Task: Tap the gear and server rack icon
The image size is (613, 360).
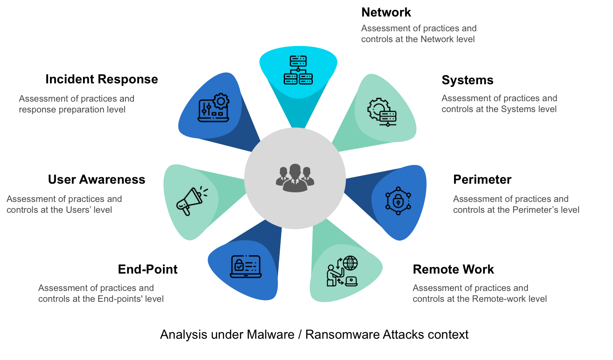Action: (382, 112)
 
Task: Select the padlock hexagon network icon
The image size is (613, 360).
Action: (398, 201)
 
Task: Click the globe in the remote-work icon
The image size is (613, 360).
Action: (350, 263)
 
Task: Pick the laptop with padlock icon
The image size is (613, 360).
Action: (245, 266)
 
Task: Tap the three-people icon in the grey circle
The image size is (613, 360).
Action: (295, 178)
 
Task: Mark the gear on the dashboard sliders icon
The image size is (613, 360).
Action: (221, 102)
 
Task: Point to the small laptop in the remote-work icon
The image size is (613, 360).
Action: (351, 281)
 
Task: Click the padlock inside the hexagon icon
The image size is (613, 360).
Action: (398, 201)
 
